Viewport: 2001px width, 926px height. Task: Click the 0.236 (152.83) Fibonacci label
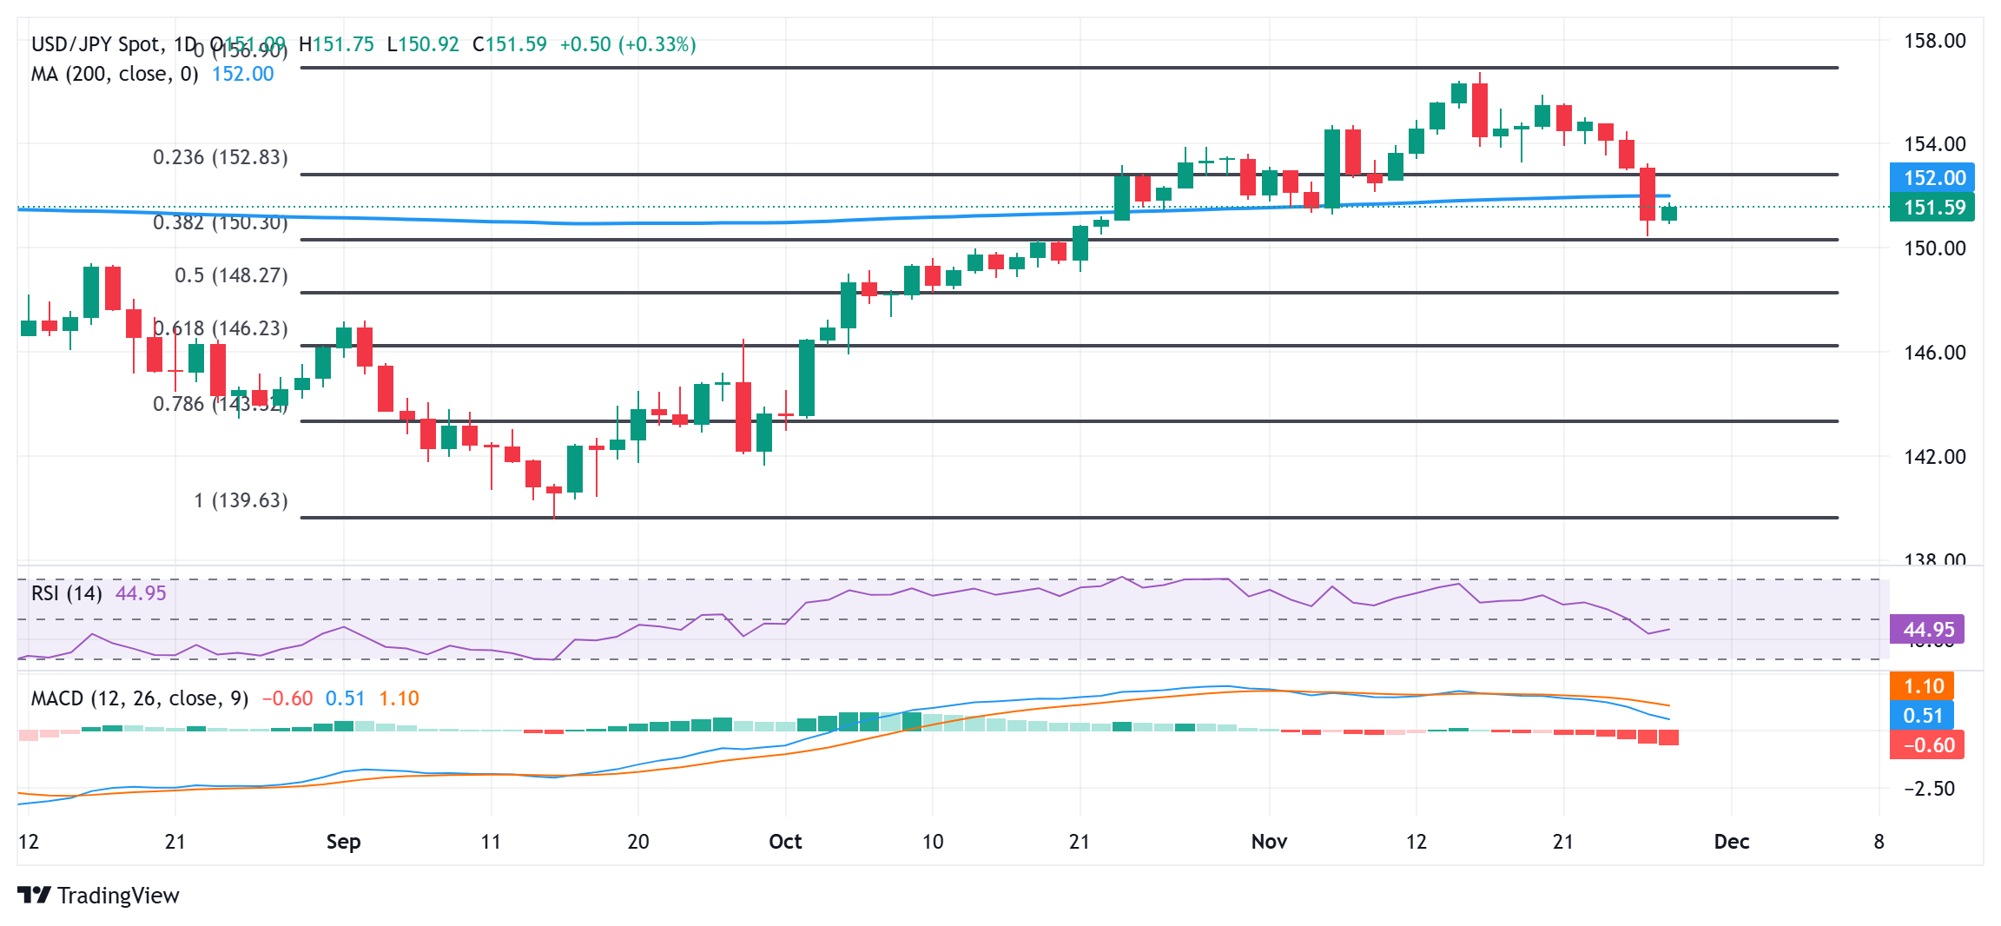(220, 157)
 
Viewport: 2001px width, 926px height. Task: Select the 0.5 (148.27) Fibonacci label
(231, 275)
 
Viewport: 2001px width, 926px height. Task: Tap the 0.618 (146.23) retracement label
(221, 328)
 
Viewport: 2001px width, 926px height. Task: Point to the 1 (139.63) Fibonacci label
(241, 500)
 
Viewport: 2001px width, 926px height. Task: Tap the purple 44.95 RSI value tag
(1927, 630)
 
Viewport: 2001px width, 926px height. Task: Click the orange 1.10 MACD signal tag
(1922, 686)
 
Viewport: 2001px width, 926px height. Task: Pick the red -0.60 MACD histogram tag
(1927, 745)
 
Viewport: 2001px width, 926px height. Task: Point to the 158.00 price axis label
(1934, 41)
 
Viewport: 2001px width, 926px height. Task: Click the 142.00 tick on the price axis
(1934, 457)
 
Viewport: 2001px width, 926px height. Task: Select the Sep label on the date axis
(343, 842)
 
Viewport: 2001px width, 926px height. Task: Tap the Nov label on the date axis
(1269, 842)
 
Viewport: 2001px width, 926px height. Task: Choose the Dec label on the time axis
(1731, 842)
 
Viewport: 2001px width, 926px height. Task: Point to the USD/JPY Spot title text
(96, 44)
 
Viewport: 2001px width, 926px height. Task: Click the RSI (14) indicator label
(66, 593)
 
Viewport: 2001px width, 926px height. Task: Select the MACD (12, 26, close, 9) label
(139, 698)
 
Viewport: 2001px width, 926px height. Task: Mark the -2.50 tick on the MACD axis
(1929, 789)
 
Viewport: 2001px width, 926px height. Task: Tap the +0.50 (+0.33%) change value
(627, 44)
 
